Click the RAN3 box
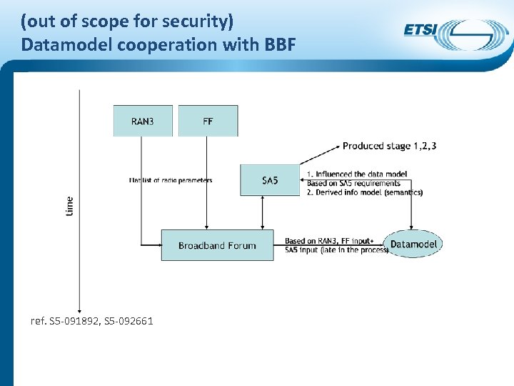click(143, 121)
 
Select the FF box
click(208, 121)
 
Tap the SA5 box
click(270, 180)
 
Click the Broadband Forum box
click(217, 245)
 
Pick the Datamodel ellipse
click(413, 244)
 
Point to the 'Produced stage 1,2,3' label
click(389, 146)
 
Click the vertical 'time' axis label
click(69, 207)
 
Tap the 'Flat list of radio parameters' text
click(171, 180)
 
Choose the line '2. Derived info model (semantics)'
click(364, 192)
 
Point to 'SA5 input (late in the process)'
click(336, 249)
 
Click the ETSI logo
click(451, 33)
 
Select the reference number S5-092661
click(128, 321)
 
